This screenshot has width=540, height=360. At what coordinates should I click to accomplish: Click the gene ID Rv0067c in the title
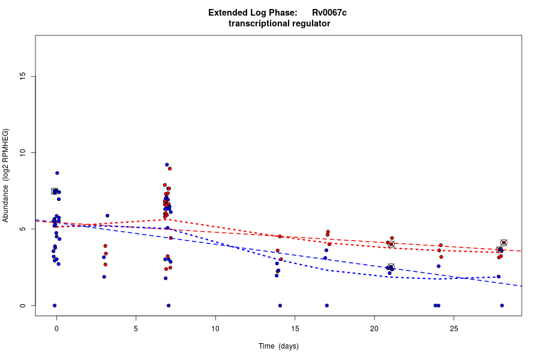329,13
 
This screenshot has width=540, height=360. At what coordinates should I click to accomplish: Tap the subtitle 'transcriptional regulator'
279,23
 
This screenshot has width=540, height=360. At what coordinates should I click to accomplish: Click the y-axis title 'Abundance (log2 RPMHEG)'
6,175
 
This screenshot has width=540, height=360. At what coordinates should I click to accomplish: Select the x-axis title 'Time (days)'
278,346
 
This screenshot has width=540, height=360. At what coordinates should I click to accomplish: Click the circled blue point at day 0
55,191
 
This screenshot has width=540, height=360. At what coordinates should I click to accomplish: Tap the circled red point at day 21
391,244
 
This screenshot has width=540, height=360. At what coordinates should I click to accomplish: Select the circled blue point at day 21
391,267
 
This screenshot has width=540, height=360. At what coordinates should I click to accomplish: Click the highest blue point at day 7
167,164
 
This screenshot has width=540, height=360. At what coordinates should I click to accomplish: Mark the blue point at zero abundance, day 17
326,305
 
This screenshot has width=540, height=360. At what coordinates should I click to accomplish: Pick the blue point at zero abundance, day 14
280,305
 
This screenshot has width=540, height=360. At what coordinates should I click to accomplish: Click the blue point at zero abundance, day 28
502,305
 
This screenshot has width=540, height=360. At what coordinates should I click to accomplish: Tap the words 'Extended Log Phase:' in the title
253,13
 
